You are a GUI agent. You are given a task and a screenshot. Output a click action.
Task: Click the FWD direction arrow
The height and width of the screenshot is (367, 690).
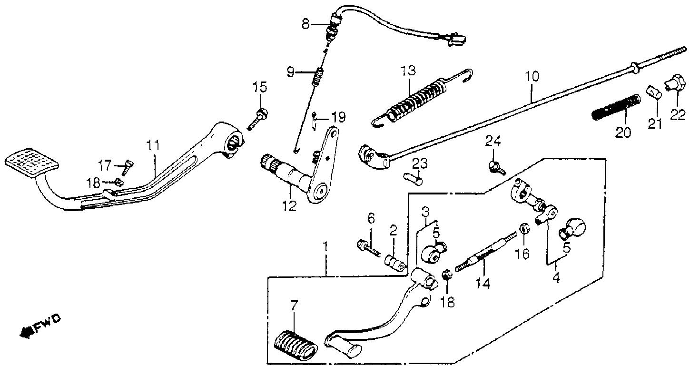pyautogui.click(x=26, y=332)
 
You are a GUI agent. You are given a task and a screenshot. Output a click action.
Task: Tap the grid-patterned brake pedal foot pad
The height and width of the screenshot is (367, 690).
pyautogui.click(x=32, y=160)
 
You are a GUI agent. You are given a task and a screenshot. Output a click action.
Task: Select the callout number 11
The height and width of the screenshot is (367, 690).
pyautogui.click(x=153, y=146)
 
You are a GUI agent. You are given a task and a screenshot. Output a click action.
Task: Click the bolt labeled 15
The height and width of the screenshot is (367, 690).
pyautogui.click(x=257, y=120)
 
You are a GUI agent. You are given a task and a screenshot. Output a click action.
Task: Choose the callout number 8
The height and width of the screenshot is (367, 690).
pyautogui.click(x=305, y=24)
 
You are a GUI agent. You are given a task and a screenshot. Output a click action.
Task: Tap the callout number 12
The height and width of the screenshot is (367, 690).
pyautogui.click(x=290, y=206)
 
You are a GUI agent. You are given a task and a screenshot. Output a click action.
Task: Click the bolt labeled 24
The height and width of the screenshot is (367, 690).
pyautogui.click(x=496, y=168)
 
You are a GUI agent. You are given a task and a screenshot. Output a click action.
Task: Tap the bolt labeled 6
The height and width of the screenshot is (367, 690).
pyautogui.click(x=368, y=250)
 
